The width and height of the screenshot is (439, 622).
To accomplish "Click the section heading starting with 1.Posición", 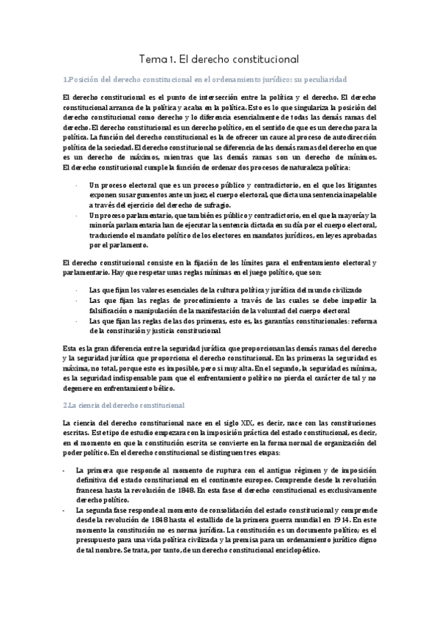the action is tap(204, 78).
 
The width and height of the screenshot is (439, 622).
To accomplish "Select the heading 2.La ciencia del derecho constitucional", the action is tap(125, 404).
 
